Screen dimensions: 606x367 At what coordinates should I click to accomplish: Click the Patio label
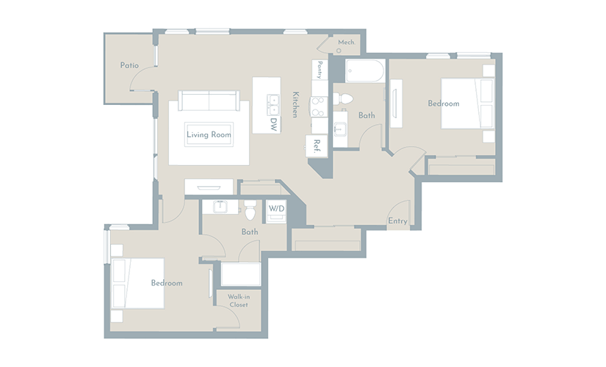pos(129,65)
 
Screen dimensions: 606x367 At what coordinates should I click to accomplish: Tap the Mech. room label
pos(346,43)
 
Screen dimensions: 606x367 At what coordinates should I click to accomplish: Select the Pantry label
pos(320,70)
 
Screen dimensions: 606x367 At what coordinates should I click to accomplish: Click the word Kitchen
pos(295,104)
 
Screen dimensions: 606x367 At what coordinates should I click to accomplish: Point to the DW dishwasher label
pos(274,124)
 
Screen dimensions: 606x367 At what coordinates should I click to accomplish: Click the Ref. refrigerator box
pos(317,146)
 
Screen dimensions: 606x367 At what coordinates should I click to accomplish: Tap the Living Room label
pos(209,134)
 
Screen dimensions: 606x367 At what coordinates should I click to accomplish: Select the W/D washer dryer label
pos(276,208)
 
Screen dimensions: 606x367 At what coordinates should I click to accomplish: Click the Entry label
pos(397,221)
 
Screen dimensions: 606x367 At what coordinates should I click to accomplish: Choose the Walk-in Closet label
pos(239,300)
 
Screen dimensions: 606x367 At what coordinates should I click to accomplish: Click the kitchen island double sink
pos(273,105)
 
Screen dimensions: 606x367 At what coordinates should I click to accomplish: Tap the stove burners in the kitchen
pos(319,107)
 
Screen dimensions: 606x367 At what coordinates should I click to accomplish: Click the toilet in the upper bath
pos(343,99)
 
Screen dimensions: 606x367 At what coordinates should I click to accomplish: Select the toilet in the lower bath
pos(250,210)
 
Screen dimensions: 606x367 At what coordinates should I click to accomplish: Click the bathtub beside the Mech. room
pos(365,70)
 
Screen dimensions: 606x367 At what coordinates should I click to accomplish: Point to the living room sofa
pos(209,101)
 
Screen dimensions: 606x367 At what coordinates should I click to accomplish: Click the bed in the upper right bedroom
pos(468,103)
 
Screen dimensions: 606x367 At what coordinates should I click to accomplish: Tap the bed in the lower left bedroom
pos(138,283)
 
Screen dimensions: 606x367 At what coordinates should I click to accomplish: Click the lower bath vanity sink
pos(220,207)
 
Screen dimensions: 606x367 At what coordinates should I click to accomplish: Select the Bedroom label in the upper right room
pos(444,103)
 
